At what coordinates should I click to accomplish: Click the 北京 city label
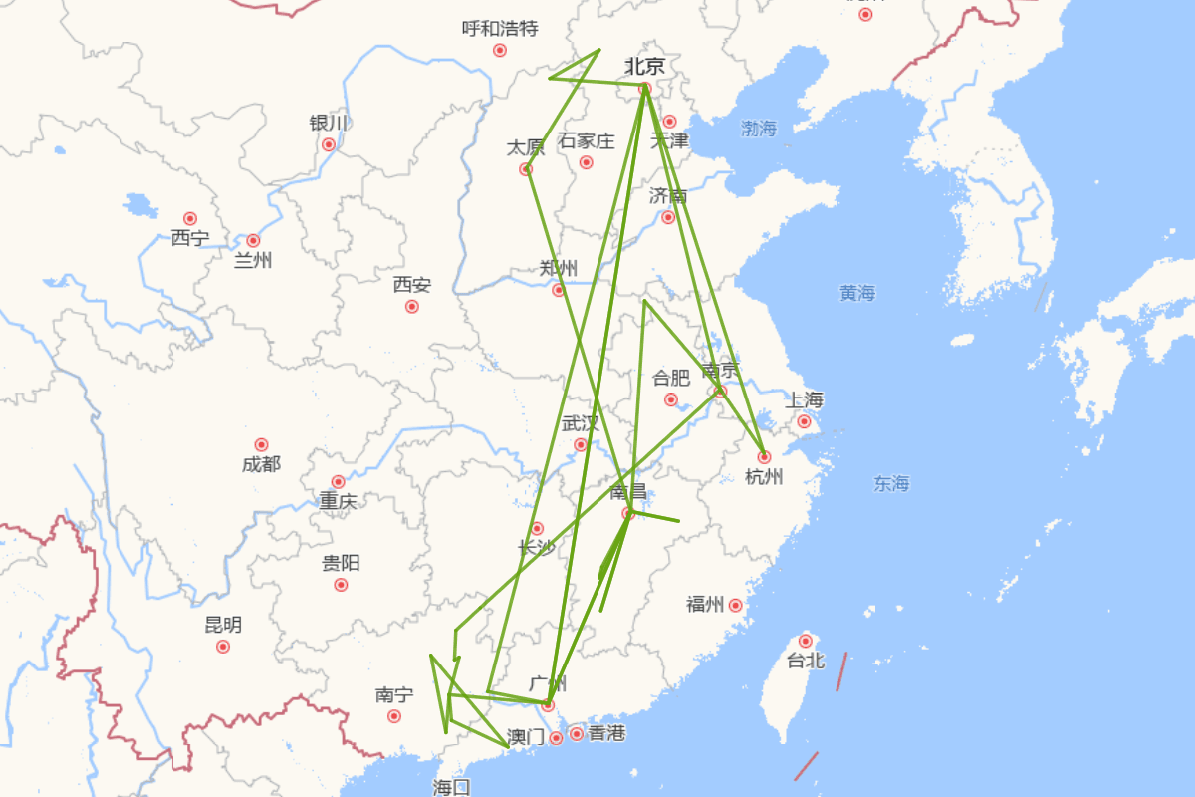tap(644, 67)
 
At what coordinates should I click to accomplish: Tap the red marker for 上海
tap(804, 421)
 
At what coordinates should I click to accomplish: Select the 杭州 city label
tap(764, 477)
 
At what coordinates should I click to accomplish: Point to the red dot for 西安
tap(412, 306)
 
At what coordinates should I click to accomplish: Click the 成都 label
tap(261, 464)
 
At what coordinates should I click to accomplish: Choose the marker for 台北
tap(806, 641)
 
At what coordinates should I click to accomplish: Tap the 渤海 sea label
tap(759, 129)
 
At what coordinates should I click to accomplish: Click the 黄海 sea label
tap(856, 293)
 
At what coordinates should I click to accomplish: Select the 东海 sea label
tap(891, 483)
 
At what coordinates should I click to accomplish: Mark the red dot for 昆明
tap(223, 647)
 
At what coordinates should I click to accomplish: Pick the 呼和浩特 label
tap(500, 28)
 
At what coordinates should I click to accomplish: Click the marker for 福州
tap(736, 605)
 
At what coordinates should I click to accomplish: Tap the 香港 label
tap(606, 733)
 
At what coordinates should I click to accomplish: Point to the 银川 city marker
tap(329, 144)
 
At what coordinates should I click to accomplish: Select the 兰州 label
tap(253, 261)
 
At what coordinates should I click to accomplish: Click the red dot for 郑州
tap(559, 290)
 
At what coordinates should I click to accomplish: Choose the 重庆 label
tap(338, 502)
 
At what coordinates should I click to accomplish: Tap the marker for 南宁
tap(394, 716)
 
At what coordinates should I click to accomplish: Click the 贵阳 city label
tap(341, 563)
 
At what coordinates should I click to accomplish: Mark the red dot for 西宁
tap(190, 218)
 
